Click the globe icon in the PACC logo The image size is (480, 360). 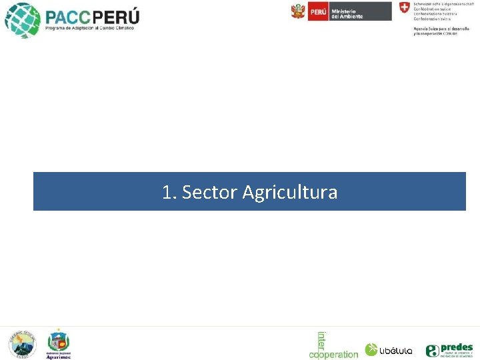(x=22, y=19)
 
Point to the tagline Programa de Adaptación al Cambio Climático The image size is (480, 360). (x=89, y=29)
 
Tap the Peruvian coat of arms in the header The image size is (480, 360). (x=298, y=11)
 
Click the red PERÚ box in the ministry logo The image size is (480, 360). (x=318, y=11)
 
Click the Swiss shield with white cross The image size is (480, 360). (x=404, y=8)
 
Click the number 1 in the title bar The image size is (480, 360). (x=167, y=193)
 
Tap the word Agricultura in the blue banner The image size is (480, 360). (x=290, y=193)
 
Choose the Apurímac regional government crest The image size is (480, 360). (x=58, y=341)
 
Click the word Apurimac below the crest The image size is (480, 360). (x=58, y=357)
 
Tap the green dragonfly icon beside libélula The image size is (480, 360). (x=371, y=350)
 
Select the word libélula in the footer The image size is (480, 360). (x=397, y=351)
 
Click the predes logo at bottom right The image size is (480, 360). (x=450, y=350)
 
